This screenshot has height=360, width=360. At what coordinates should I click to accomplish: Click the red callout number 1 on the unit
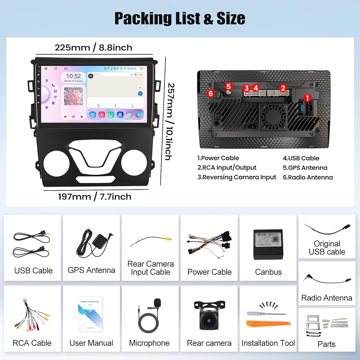click(x=307, y=97)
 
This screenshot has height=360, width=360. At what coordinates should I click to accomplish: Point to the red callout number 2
click(x=283, y=87)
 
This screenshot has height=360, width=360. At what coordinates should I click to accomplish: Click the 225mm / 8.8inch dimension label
click(x=93, y=48)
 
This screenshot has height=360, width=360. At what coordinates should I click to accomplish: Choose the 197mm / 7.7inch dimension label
click(x=95, y=197)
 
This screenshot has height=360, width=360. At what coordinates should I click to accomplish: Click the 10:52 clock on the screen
click(x=73, y=76)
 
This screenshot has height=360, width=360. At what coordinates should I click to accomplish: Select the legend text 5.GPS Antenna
click(x=305, y=167)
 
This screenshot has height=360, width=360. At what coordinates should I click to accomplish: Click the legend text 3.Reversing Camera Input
click(x=237, y=177)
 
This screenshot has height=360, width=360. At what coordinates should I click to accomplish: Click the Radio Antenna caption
click(x=327, y=298)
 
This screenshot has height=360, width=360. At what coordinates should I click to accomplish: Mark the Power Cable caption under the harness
click(x=209, y=272)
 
